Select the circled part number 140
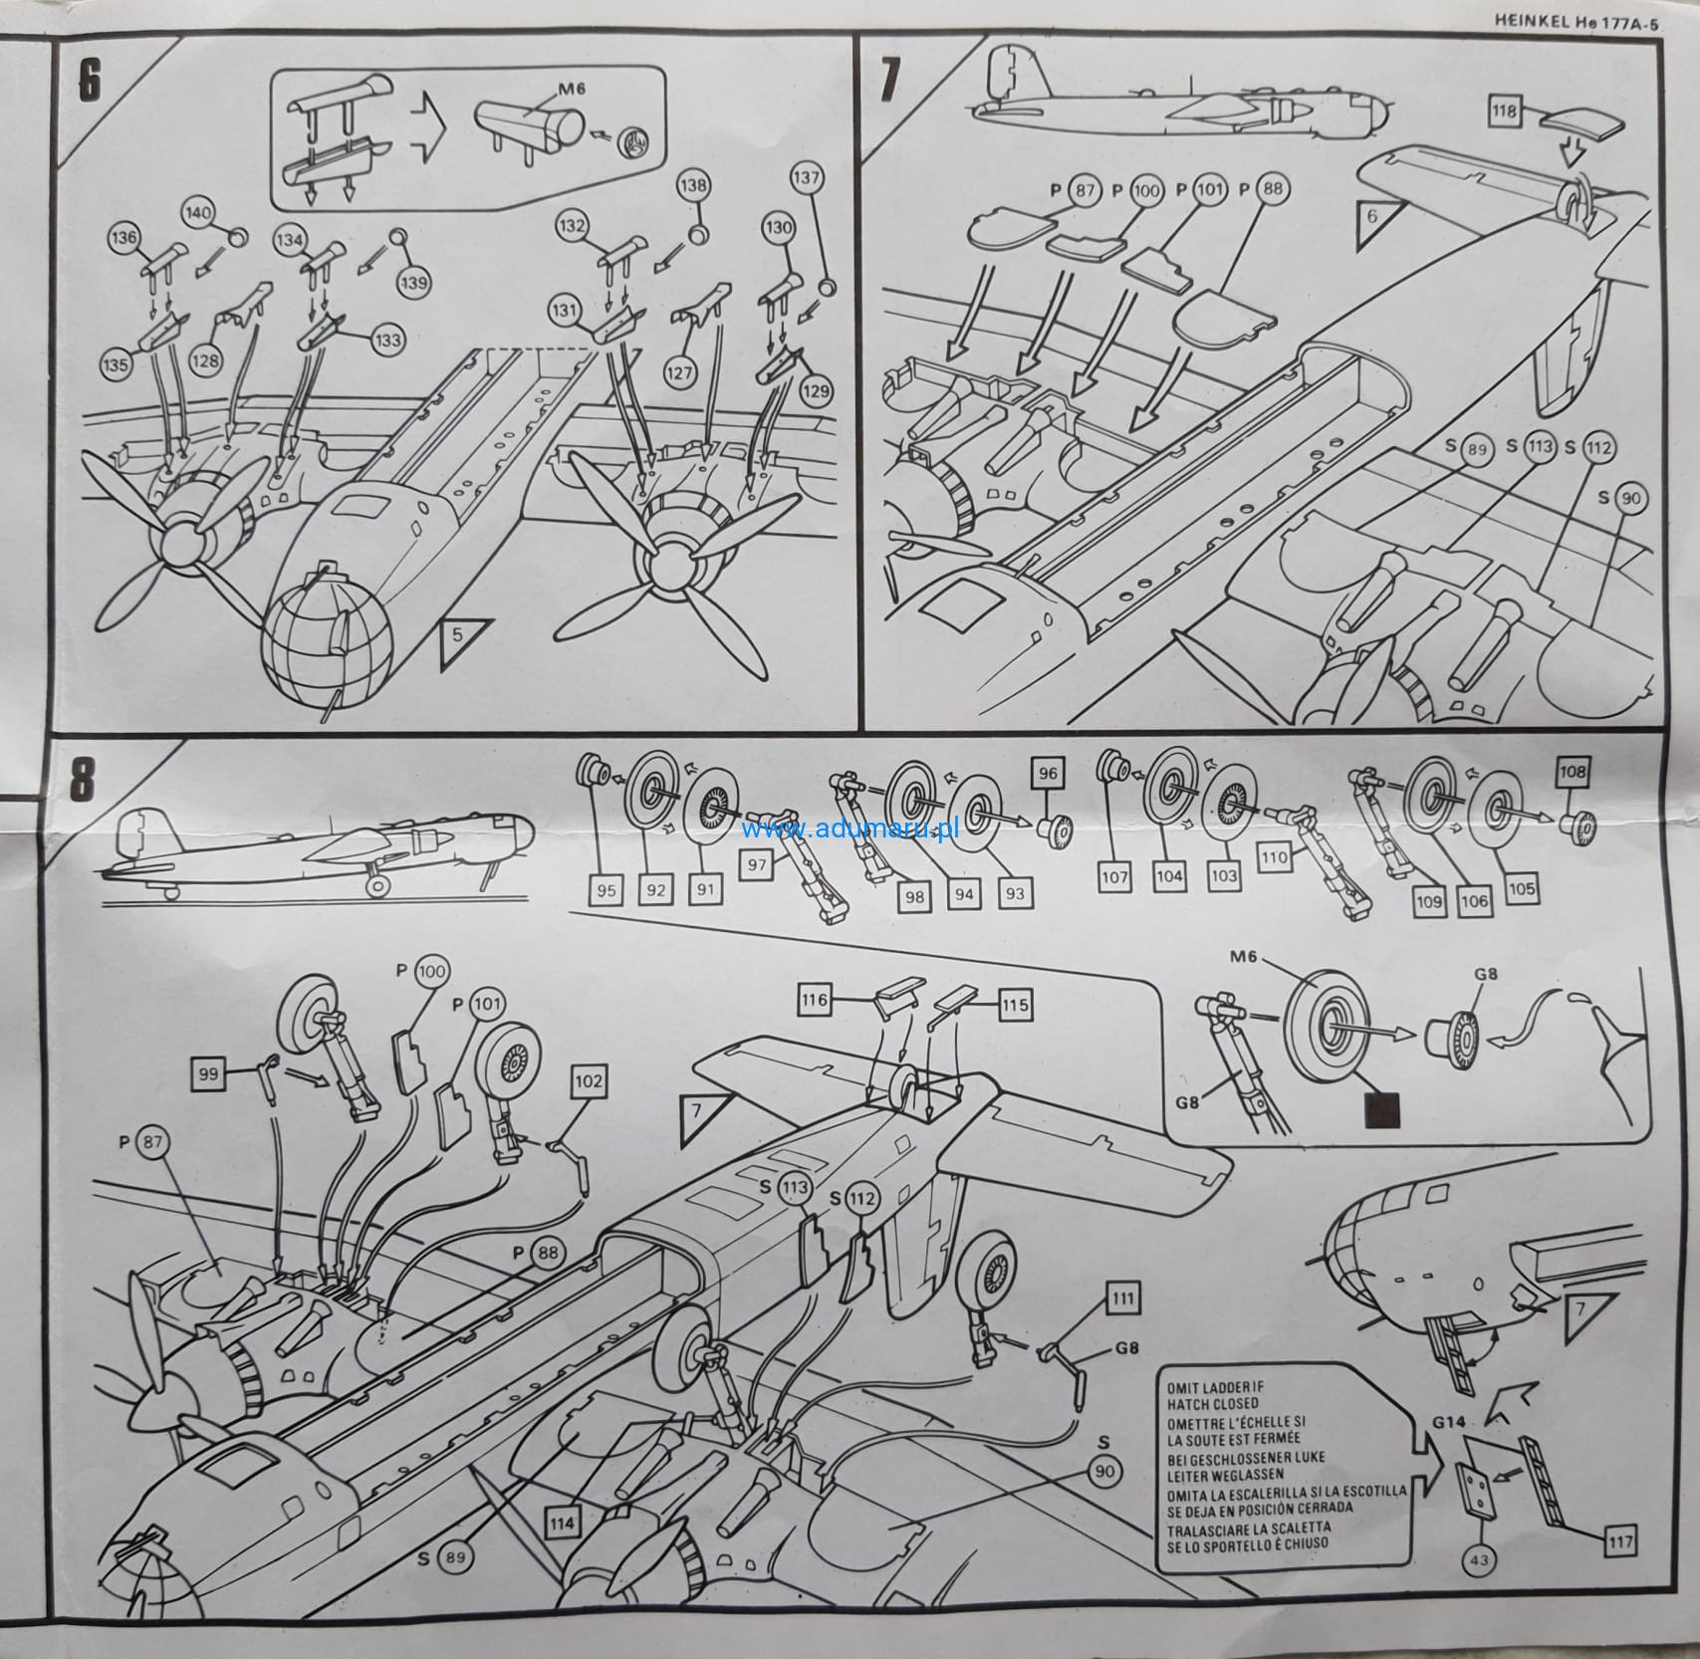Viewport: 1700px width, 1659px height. (x=199, y=214)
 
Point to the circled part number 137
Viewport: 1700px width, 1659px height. (x=807, y=179)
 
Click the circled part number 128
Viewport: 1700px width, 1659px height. (x=206, y=360)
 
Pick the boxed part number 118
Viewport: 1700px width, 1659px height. (x=1503, y=111)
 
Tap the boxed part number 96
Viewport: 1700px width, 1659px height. (x=1047, y=773)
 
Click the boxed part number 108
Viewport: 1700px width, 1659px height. (x=1574, y=772)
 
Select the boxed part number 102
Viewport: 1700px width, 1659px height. (x=589, y=1082)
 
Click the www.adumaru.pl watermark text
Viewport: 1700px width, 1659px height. (x=850, y=829)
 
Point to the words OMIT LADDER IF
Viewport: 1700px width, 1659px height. (x=1211, y=1387)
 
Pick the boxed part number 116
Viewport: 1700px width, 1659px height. (x=815, y=1000)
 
